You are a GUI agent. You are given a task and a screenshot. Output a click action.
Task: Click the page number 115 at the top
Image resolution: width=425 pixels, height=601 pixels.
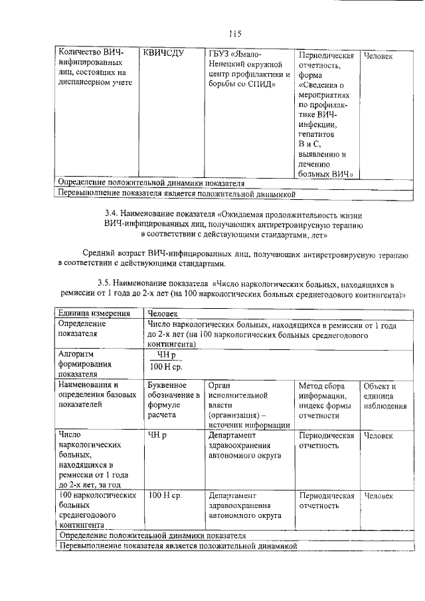click(x=233, y=33)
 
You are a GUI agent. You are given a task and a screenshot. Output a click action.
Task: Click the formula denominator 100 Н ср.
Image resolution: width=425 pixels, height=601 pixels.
click(x=166, y=367)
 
